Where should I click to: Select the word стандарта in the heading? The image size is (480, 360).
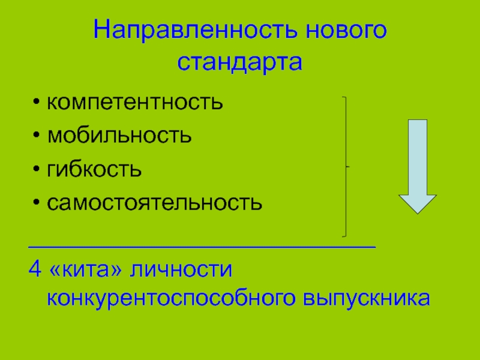click(240, 62)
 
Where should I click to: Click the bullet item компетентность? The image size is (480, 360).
click(136, 102)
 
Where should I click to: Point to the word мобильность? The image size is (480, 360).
click(120, 136)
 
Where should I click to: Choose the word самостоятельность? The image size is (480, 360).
click(155, 202)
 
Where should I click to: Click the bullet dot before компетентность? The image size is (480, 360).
click(38, 103)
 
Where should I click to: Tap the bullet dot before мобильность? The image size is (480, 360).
click(38, 136)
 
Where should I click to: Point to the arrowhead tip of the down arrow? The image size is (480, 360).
click(418, 211)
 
